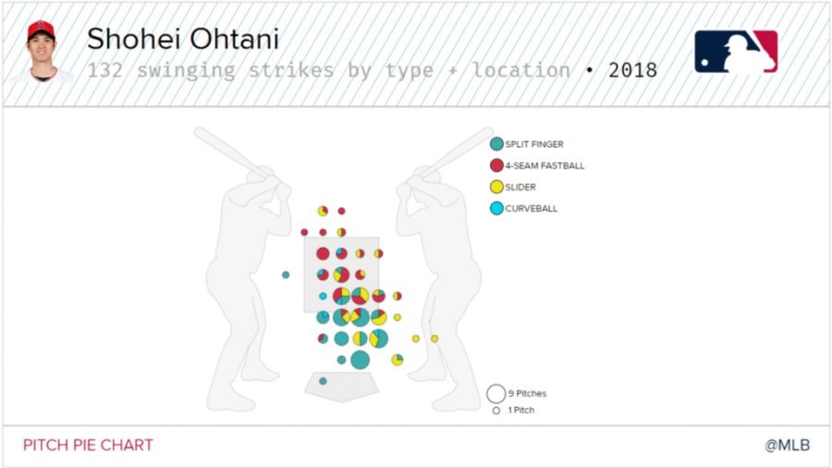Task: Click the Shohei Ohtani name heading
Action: coord(183,39)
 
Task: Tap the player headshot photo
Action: coord(41,51)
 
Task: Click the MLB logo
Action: coord(736,52)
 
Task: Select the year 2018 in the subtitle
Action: coord(632,70)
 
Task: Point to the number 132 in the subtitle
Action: coord(105,70)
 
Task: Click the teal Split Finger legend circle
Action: coord(496,143)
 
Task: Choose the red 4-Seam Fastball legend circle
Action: coord(496,166)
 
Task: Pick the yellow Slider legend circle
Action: coord(496,187)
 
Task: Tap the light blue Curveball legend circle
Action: coord(496,208)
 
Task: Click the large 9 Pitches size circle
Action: coord(496,394)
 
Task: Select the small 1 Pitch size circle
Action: coord(496,410)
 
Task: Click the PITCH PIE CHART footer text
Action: coord(88,445)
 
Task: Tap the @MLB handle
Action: coord(788,445)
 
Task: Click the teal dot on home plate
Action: coord(323,381)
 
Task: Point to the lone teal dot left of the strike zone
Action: coord(286,275)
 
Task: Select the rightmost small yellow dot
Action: coord(434,339)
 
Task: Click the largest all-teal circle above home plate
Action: coord(360,360)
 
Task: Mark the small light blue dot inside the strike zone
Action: coord(323,296)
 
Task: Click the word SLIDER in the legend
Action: coord(520,188)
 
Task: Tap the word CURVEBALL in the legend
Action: coord(532,208)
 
